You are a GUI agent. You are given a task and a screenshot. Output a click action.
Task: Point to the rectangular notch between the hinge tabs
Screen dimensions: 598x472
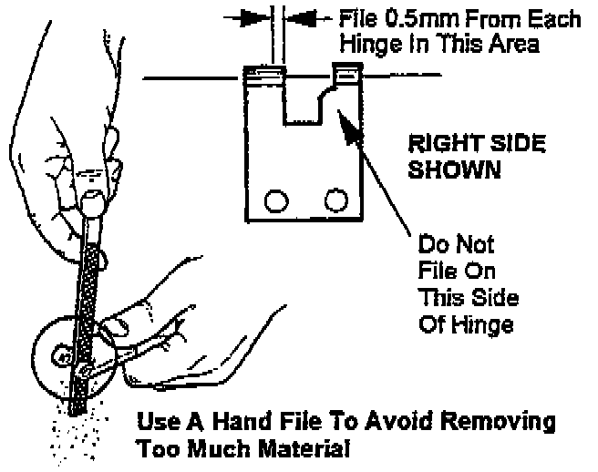click(x=304, y=100)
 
